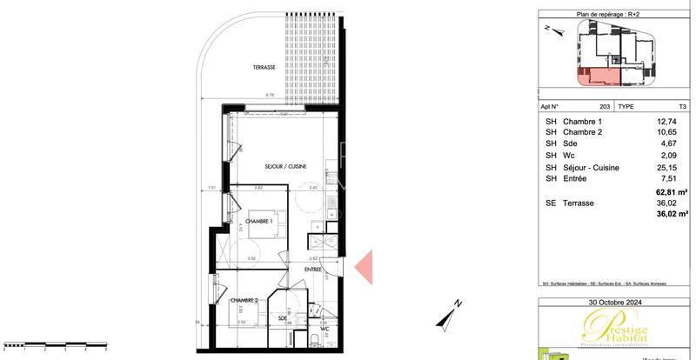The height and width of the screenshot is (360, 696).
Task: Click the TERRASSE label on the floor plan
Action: click(264, 66)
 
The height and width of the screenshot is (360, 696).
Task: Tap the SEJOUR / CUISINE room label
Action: click(284, 166)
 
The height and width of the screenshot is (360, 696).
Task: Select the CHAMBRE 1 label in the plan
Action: click(258, 221)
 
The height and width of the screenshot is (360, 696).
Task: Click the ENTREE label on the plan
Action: click(313, 270)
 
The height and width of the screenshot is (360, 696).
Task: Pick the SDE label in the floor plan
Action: click(283, 318)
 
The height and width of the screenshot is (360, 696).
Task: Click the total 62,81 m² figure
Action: click(672, 190)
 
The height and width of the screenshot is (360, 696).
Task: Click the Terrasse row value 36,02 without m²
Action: click(666, 202)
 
